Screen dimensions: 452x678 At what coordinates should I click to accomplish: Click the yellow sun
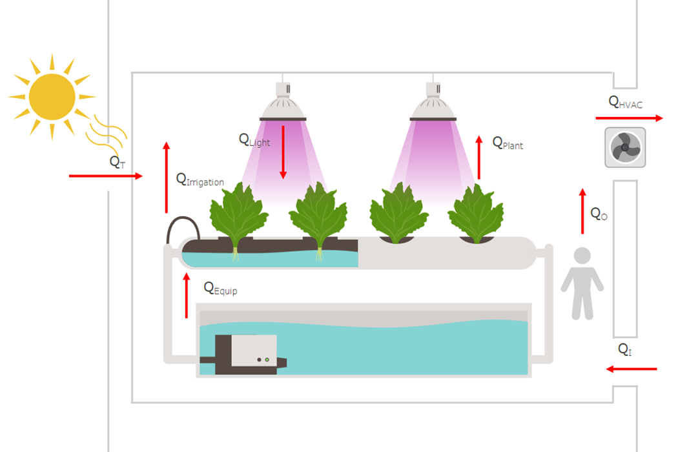[x=52, y=97]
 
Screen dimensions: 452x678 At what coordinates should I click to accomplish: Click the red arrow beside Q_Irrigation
[x=166, y=178]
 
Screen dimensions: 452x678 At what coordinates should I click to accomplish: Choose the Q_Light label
[x=254, y=139]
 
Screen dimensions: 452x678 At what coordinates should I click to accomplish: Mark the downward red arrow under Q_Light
[x=283, y=152]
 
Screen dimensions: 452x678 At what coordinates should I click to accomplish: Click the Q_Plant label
[x=508, y=143]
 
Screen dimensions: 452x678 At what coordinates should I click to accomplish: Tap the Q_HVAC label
[x=626, y=102]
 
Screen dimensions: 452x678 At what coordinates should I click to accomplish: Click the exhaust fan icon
[x=625, y=148]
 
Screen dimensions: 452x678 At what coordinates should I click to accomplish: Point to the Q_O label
[x=599, y=214]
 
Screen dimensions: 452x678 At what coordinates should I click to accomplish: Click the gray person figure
[x=582, y=283]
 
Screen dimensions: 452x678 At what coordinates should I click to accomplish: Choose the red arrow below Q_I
[x=631, y=369]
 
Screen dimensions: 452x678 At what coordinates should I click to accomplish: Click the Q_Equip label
[x=220, y=288]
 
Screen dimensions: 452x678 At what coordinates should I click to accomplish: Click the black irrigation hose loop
[x=183, y=227]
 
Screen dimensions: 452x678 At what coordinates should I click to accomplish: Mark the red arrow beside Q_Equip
[x=187, y=295]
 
